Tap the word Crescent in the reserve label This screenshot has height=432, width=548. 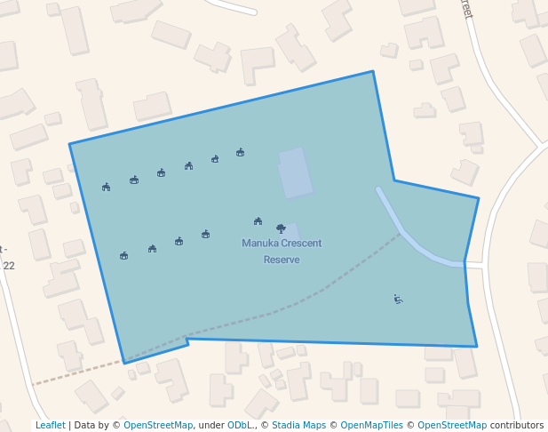click(298, 244)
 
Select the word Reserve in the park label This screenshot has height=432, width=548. click(282, 260)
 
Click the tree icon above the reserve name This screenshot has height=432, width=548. click(281, 228)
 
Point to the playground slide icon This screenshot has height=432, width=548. click(398, 300)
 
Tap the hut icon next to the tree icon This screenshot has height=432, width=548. click(258, 220)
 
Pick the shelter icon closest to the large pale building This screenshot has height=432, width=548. click(240, 152)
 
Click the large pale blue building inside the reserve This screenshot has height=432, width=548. click(295, 173)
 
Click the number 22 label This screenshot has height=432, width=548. click(9, 266)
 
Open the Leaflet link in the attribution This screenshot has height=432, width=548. click(50, 425)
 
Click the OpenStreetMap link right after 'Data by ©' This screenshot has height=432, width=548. click(157, 425)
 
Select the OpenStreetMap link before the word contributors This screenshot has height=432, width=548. click(451, 425)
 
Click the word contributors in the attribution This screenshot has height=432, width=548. click(516, 425)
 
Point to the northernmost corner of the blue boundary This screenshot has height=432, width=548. click(372, 71)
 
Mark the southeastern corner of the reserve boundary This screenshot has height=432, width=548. click(477, 346)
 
